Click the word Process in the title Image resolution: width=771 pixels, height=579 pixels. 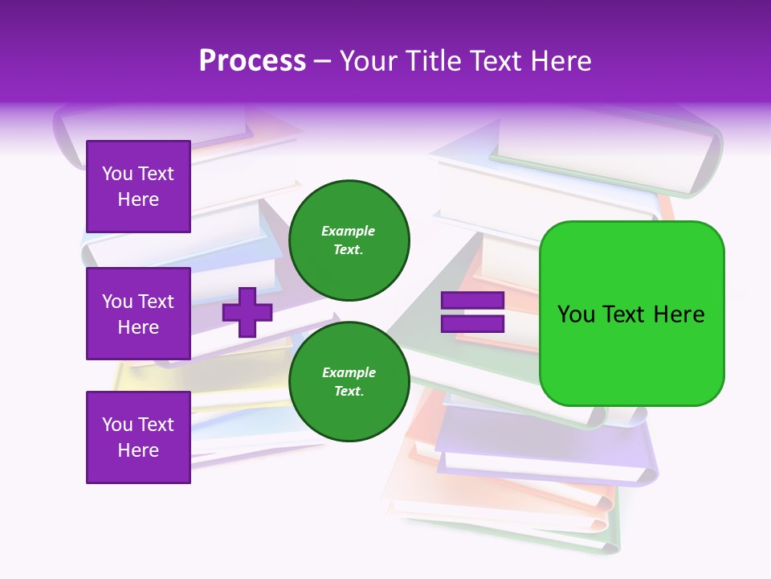point(252,61)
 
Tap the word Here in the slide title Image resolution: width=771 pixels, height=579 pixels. point(558,61)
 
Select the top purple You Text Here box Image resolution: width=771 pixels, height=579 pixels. point(138,187)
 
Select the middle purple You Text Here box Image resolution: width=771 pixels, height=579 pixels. point(138,314)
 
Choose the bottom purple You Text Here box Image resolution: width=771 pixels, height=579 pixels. point(138,437)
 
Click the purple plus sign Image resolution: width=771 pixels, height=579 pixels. point(247,312)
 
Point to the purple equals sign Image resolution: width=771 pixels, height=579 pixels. point(472,312)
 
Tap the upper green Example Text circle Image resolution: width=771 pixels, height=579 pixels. point(349,240)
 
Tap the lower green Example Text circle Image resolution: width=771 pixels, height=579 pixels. point(349,381)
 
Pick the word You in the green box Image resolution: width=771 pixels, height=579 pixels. point(576,314)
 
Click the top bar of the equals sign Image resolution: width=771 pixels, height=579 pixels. point(472,301)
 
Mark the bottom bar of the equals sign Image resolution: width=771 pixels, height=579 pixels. point(472,324)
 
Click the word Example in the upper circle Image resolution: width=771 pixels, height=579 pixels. point(349,231)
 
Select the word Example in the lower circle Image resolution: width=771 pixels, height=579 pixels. point(349,372)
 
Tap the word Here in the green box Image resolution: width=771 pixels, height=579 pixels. point(679,314)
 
